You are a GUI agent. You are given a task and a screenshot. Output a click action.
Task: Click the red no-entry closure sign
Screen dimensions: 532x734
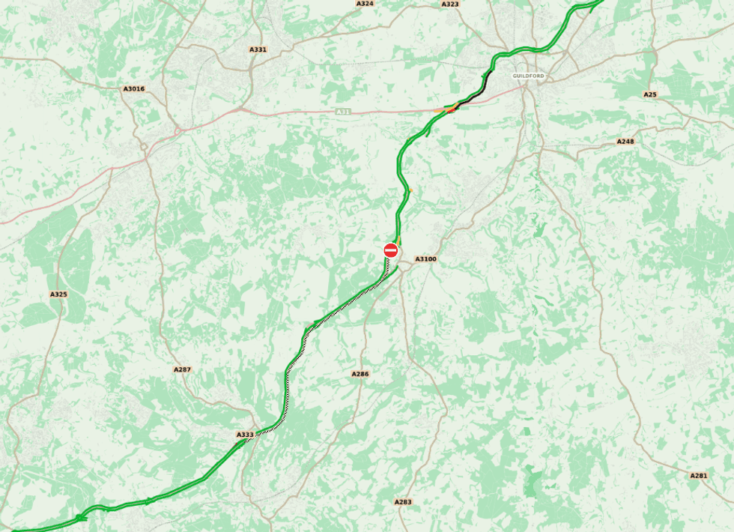pos(390,250)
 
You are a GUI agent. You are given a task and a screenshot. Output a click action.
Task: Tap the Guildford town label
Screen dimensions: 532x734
pos(528,76)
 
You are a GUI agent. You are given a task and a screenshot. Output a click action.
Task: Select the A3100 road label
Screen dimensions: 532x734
pos(425,259)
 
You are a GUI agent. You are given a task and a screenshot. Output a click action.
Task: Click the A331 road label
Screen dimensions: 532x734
pos(258,49)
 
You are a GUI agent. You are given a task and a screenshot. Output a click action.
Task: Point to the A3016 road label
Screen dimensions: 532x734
pos(133,89)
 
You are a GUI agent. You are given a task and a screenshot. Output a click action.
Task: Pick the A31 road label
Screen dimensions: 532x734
pos(343,112)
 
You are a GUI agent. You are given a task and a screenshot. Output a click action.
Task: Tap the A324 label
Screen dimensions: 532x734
pos(365,4)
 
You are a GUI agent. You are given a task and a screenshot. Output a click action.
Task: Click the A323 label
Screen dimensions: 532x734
pos(450,4)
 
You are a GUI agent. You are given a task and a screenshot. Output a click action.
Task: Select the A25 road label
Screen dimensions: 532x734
pos(650,94)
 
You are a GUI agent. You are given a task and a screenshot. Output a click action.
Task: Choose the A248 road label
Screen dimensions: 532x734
pos(625,142)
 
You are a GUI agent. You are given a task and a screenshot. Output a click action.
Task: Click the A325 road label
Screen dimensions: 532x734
pos(58,294)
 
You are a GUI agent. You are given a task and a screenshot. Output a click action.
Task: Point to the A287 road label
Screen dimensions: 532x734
pos(182,369)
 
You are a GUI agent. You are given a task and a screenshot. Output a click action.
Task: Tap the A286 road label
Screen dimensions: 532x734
pos(360,373)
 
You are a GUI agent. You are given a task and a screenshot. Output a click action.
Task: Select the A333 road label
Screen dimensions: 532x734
pos(245,435)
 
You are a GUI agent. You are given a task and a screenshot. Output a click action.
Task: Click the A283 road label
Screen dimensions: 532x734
pos(403,502)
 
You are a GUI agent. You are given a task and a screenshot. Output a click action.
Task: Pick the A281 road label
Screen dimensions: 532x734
pos(698,476)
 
